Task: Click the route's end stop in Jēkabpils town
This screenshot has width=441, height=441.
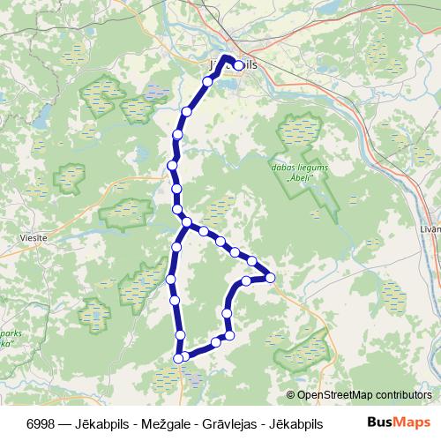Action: [x=238, y=65]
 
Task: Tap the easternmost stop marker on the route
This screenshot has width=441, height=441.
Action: [x=271, y=278]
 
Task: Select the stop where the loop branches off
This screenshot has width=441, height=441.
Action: [x=186, y=220]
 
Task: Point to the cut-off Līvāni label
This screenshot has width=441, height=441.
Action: [x=430, y=228]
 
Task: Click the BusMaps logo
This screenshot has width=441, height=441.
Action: [x=397, y=422]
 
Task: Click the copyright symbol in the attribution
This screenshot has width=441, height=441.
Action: [x=291, y=394]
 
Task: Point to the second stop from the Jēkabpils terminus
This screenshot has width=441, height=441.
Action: [x=207, y=81]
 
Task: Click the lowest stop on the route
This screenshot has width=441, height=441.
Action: [x=179, y=358]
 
